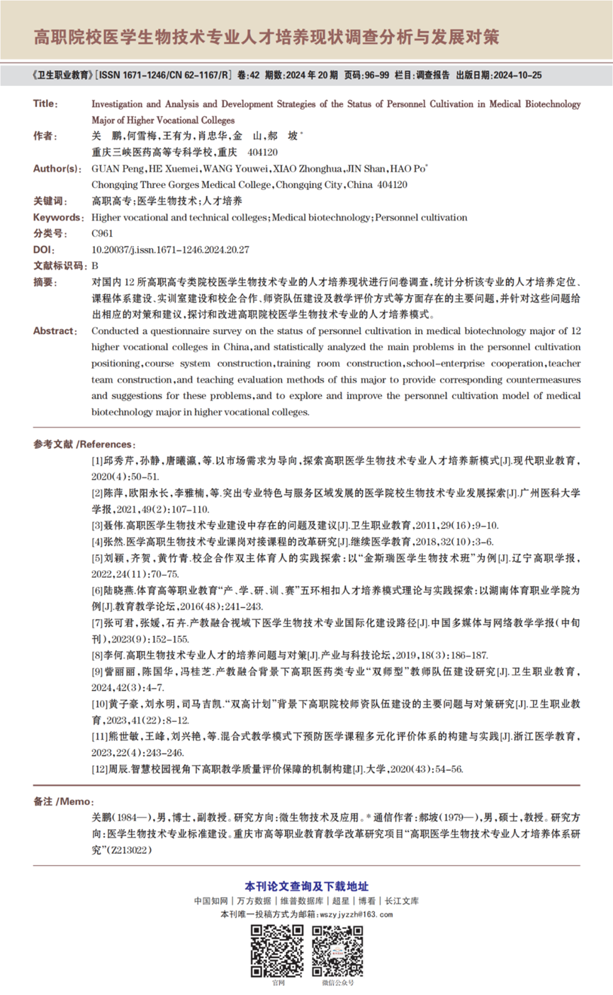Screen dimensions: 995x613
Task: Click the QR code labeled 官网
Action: (278, 950)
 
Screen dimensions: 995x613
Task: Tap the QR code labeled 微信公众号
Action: (337, 950)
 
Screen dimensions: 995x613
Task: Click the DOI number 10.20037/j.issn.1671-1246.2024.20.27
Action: (171, 250)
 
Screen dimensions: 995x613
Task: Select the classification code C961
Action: (102, 233)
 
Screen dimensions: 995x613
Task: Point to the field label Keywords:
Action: (57, 217)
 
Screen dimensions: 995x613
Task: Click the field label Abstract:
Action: (55, 330)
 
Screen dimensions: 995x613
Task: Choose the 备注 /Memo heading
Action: (63, 801)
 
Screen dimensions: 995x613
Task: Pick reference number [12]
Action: (101, 769)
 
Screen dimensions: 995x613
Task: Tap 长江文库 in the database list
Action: (401, 901)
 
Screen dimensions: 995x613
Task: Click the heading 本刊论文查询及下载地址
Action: (306, 886)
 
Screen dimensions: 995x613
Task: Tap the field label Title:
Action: (46, 104)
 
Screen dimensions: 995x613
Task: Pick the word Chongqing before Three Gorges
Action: (112, 184)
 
